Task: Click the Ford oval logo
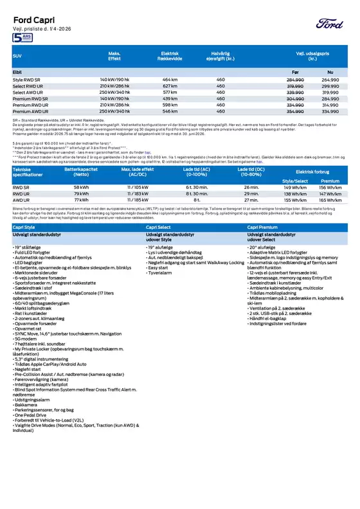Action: click(x=331, y=24)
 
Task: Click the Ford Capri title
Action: click(x=32, y=19)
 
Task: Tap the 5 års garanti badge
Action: click(x=21, y=39)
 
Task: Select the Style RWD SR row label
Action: click(x=26, y=79)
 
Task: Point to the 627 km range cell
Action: click(x=170, y=85)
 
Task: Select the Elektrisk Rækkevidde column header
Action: click(x=170, y=56)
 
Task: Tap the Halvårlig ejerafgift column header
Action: click(x=221, y=56)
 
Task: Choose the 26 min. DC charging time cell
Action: click(x=251, y=186)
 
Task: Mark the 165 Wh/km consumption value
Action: click(x=330, y=200)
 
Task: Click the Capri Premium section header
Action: click(x=264, y=227)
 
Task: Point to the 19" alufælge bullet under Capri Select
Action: click(x=161, y=246)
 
